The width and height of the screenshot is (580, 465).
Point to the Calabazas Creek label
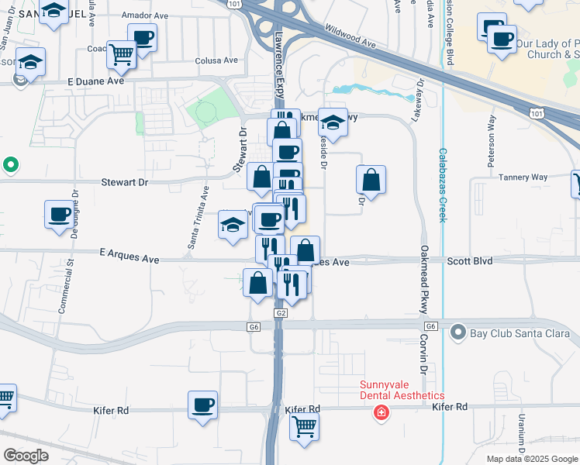tap(443, 185)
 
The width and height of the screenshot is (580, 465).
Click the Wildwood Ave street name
tap(350, 36)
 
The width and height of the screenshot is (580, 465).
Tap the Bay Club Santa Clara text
tap(520, 334)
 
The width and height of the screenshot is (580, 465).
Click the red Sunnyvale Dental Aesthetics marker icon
tap(381, 412)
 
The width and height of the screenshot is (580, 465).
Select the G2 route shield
tap(281, 313)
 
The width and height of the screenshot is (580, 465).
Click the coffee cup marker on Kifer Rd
tap(203, 405)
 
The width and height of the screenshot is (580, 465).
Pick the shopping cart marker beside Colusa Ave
tap(122, 53)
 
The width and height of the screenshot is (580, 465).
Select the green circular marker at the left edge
tap(10, 164)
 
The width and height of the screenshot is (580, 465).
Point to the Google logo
tap(26, 456)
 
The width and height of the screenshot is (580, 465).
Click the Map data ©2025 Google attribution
tap(531, 459)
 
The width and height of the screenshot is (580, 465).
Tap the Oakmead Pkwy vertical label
tap(425, 279)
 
